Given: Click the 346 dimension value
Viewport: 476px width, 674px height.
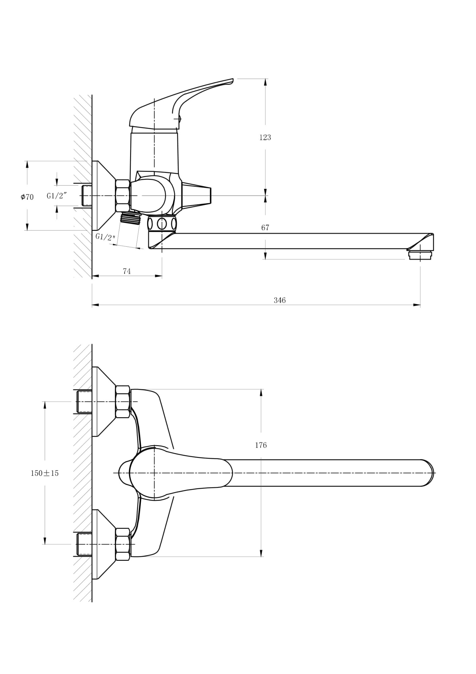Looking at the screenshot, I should [279, 300].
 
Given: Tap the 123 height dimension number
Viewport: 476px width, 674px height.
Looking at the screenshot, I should [265, 137].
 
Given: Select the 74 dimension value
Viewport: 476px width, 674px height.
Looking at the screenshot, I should [127, 271].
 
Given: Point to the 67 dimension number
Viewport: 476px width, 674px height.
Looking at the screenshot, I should [265, 228].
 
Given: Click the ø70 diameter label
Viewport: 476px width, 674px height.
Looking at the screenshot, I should [27, 197].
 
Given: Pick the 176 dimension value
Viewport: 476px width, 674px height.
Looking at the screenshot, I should [261, 445].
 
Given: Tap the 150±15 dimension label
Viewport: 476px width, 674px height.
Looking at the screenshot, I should [44, 473].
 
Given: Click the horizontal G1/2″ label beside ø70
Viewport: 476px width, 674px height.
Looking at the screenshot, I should [57, 196].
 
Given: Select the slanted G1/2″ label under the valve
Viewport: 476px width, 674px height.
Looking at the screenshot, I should [105, 237].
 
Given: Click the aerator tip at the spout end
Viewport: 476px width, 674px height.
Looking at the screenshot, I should [420, 255].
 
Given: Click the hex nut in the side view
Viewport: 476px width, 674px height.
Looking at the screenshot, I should [123, 196].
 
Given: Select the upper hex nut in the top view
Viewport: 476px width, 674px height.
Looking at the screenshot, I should [123, 402].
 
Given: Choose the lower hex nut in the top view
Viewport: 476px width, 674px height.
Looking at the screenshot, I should [123, 544].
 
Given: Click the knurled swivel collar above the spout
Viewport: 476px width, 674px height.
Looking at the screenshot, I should [162, 223].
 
